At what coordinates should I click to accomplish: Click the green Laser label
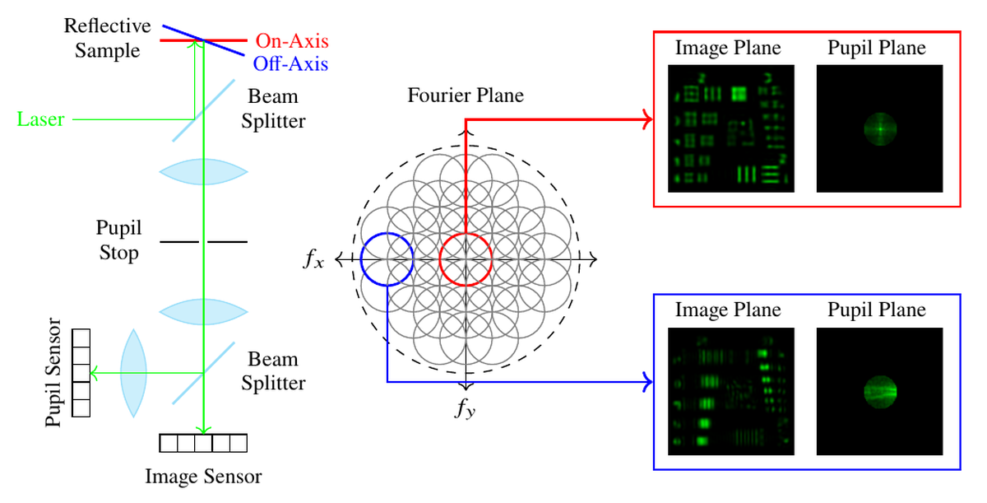pyautogui.click(x=40, y=119)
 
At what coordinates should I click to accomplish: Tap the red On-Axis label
pyautogui.click(x=292, y=41)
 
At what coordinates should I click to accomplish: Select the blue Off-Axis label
pyautogui.click(x=290, y=64)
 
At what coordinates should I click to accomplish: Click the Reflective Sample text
pyautogui.click(x=107, y=38)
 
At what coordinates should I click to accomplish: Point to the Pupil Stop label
pyautogui.click(x=118, y=240)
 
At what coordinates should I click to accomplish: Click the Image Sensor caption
pyautogui.click(x=204, y=477)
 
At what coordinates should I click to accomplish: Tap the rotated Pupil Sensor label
pyautogui.click(x=53, y=372)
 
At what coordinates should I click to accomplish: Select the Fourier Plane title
pyautogui.click(x=466, y=95)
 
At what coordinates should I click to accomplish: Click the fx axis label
pyautogui.click(x=313, y=258)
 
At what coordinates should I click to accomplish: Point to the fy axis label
pyautogui.click(x=466, y=408)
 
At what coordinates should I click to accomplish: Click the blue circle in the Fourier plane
pyautogui.click(x=361, y=259)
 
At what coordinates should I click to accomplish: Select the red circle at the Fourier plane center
pyautogui.click(x=440, y=259)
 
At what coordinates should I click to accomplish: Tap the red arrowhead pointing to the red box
pyautogui.click(x=648, y=119)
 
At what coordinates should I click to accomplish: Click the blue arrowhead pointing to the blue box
pyautogui.click(x=648, y=382)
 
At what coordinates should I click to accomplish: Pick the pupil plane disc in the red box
pyautogui.click(x=880, y=129)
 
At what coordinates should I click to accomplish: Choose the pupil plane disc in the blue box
pyautogui.click(x=880, y=392)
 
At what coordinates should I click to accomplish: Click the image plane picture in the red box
pyautogui.click(x=731, y=128)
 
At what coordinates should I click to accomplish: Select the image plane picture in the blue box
pyautogui.click(x=731, y=392)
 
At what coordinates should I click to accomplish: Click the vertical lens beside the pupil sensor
pyautogui.click(x=133, y=373)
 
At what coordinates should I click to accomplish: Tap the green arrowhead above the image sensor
pyautogui.click(x=204, y=430)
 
